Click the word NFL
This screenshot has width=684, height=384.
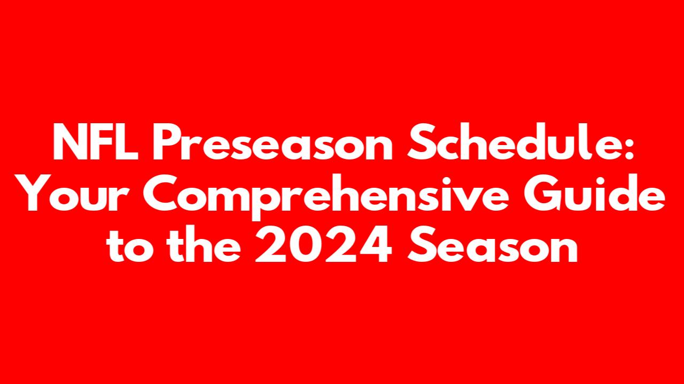(95, 142)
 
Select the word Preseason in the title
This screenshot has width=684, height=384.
(273, 142)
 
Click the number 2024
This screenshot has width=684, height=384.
(323, 244)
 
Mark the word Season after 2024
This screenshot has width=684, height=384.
(492, 244)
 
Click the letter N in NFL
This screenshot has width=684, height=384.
(69, 142)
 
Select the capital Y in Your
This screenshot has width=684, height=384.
(37, 193)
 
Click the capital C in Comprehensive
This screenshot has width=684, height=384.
(161, 193)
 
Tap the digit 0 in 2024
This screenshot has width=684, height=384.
(306, 244)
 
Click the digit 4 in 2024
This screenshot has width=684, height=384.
(376, 244)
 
